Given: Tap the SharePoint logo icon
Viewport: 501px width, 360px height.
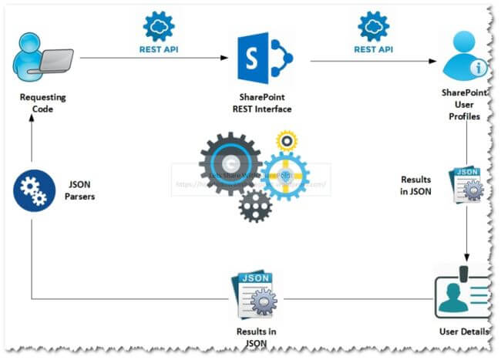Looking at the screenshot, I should (263, 57).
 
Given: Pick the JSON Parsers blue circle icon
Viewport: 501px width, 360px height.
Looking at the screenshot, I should (32, 190).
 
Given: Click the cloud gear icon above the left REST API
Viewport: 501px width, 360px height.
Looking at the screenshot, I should (158, 26).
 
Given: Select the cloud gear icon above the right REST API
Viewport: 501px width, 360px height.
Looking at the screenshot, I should (373, 26).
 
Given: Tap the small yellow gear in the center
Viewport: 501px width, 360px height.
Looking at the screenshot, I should (287, 141).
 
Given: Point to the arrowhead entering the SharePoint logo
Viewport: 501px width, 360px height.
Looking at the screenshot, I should (230, 58).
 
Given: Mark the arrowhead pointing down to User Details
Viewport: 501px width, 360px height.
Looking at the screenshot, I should (467, 256).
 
